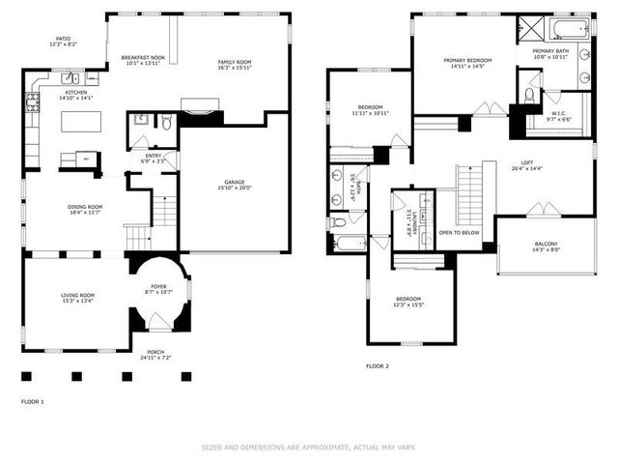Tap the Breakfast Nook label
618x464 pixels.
coord(143,58)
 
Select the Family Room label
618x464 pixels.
coord(234,62)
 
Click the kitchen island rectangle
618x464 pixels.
coord(82,122)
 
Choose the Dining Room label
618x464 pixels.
coord(85,206)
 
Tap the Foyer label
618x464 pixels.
coord(157,286)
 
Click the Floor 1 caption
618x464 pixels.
coord(33,400)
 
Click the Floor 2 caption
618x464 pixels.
coord(378,366)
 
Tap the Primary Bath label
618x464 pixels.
coord(549,50)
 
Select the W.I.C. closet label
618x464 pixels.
coord(559,113)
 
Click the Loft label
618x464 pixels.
coord(527,162)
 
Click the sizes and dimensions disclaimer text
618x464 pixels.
coord(308,448)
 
